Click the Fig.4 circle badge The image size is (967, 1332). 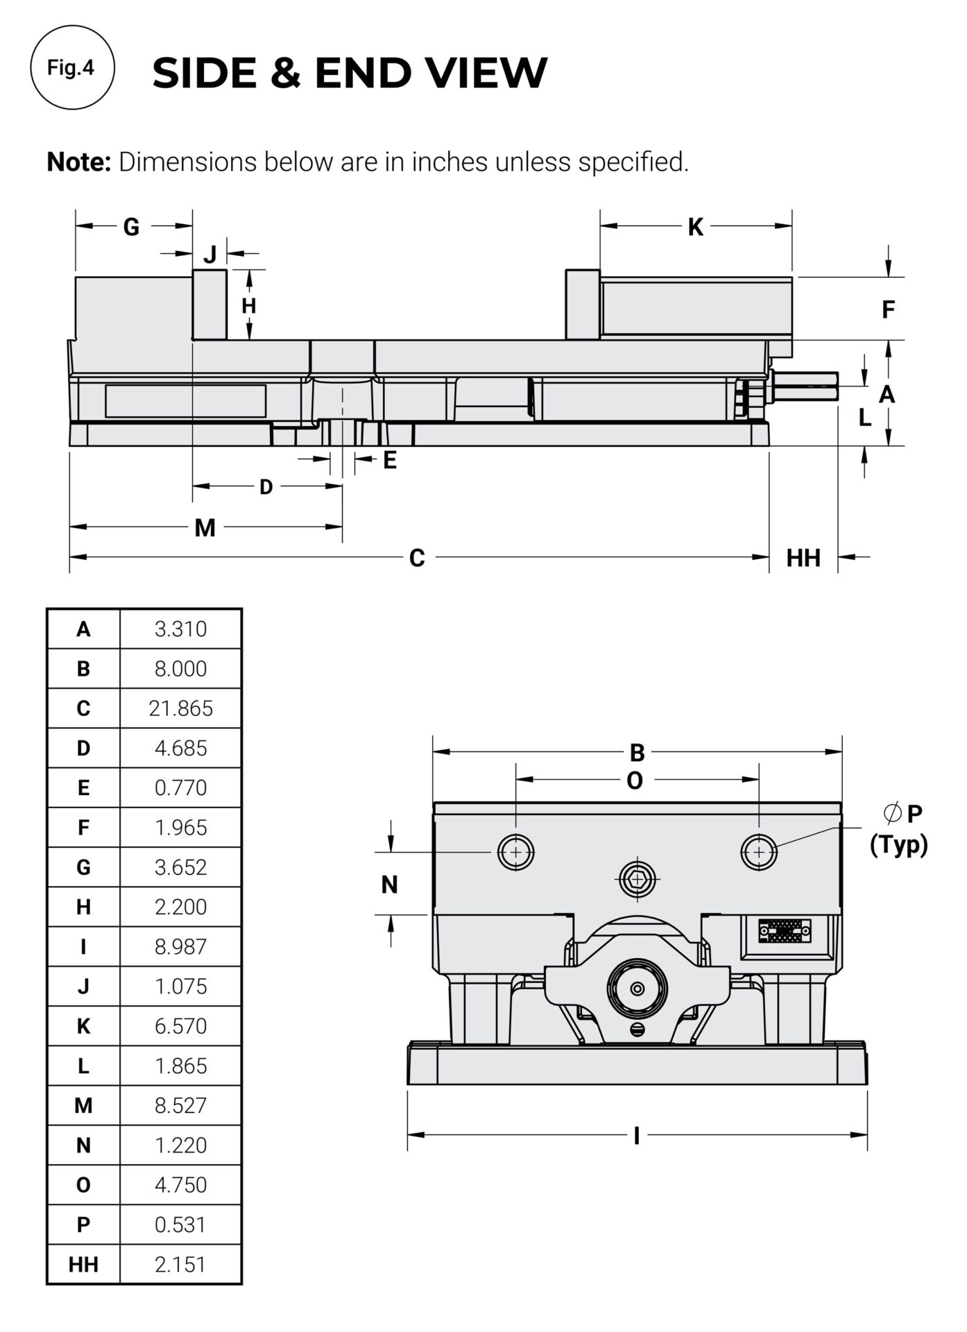tap(72, 67)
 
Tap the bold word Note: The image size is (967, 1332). tap(78, 162)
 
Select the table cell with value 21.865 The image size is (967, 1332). tap(180, 708)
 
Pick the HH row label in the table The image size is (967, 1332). tap(83, 1264)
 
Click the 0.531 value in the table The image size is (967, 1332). tap(180, 1224)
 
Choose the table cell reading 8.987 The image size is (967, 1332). tap(180, 946)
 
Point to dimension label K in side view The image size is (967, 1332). tap(695, 227)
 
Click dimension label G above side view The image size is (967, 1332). tap(131, 227)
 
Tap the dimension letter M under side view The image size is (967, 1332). tap(205, 529)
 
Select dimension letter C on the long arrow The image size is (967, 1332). tap(416, 558)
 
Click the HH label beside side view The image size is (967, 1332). tap(803, 558)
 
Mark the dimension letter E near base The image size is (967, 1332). tap(390, 460)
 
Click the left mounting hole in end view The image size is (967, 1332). tap(516, 852)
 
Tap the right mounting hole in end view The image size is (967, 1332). tap(759, 852)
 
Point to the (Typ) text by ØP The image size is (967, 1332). tap(898, 844)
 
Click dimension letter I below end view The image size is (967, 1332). tap(636, 1136)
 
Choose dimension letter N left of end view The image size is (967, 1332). tap(389, 885)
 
